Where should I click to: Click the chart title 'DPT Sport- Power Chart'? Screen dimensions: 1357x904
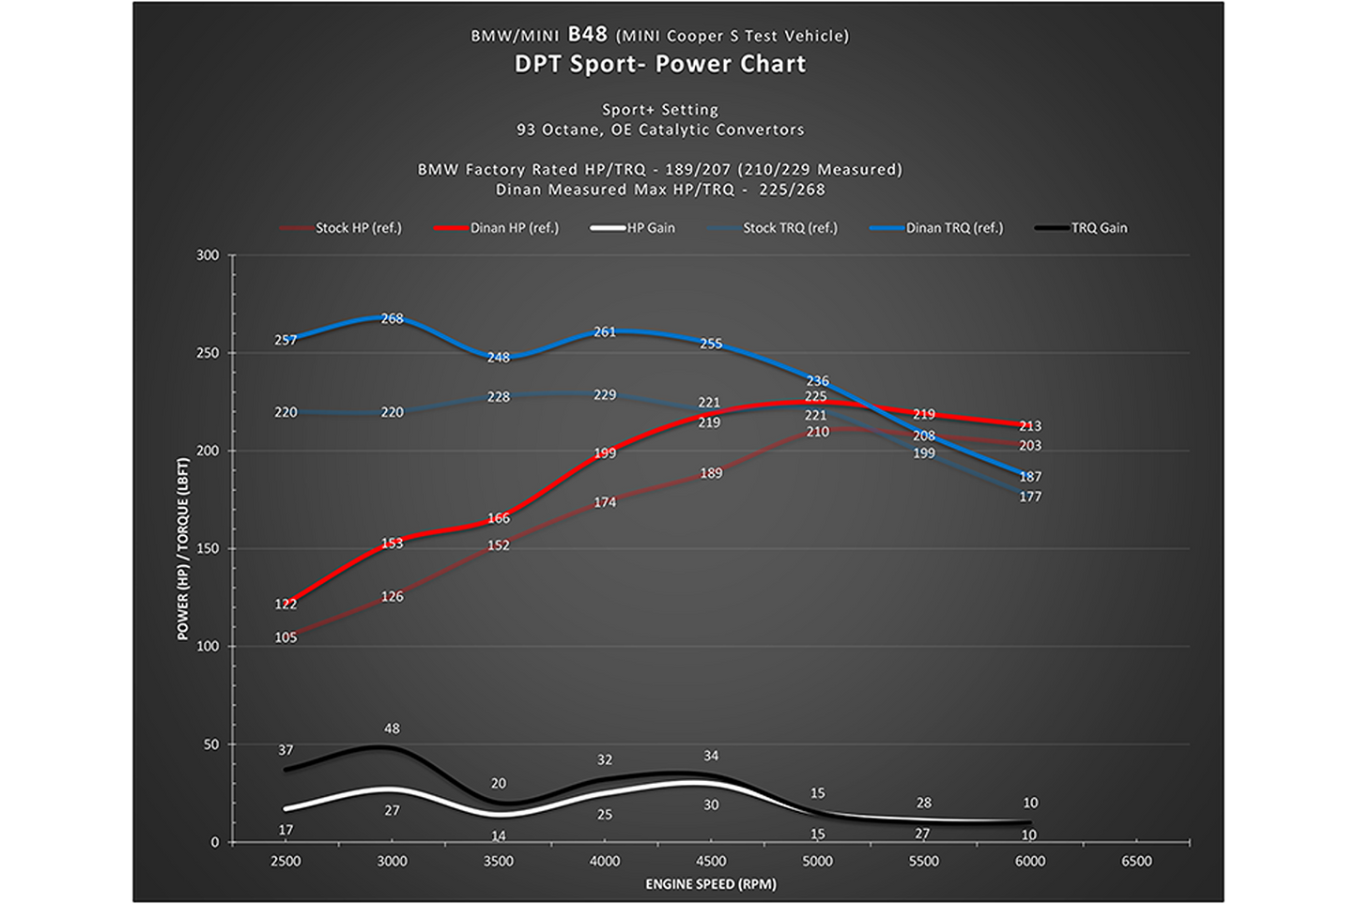coord(660,64)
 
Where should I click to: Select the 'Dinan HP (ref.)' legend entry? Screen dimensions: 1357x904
coord(497,228)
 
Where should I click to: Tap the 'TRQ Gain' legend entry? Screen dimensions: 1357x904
coord(1081,228)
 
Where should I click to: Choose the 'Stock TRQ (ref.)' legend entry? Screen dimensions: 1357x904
coord(773,228)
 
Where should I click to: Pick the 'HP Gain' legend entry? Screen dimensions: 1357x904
coord(632,228)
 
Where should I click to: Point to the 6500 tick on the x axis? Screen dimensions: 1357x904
coord(1136,861)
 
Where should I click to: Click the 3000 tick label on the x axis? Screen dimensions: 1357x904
coord(392,861)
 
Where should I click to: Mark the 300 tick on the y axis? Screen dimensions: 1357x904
coord(208,255)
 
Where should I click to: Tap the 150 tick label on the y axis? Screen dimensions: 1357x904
coord(208,548)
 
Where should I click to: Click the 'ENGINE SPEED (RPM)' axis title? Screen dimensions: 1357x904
coord(711,884)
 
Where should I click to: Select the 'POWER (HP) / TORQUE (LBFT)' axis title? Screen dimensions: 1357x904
coord(183,548)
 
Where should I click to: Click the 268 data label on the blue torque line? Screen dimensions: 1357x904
coord(392,318)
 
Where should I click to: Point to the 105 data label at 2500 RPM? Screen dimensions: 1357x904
coord(285,637)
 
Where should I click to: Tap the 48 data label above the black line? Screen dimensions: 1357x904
coord(392,728)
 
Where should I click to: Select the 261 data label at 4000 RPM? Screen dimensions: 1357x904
coord(605,331)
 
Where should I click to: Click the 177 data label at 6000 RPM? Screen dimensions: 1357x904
coord(1030,498)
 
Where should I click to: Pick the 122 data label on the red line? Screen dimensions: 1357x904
coord(285,604)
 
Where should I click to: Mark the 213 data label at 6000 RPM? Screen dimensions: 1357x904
coord(1030,426)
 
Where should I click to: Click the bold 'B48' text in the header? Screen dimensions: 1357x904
coord(587,35)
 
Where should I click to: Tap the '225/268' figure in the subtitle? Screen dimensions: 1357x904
coord(793,191)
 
